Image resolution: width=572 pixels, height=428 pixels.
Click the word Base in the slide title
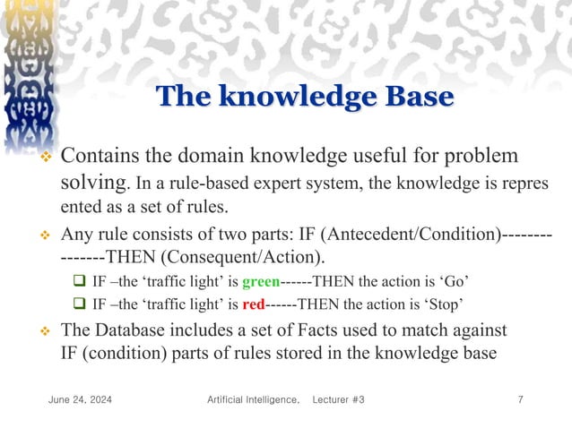(416, 97)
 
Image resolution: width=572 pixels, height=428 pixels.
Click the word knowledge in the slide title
(292, 97)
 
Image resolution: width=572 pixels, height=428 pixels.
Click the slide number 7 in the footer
(521, 398)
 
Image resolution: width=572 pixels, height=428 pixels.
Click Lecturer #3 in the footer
(339, 398)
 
